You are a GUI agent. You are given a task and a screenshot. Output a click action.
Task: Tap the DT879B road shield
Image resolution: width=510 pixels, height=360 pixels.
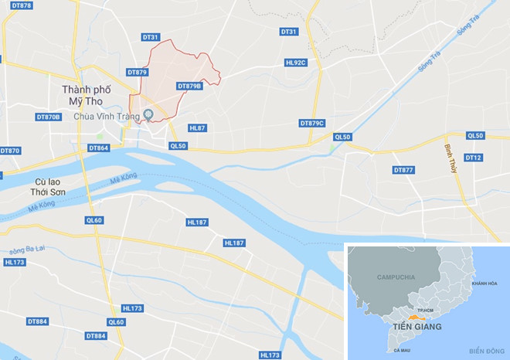click(x=189, y=87)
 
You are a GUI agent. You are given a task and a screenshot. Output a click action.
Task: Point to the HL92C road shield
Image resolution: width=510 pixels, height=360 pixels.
click(x=296, y=63)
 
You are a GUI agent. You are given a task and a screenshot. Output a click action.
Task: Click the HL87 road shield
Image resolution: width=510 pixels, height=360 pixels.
click(x=197, y=127)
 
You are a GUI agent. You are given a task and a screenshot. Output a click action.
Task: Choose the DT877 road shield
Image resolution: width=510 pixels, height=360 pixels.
click(x=403, y=169)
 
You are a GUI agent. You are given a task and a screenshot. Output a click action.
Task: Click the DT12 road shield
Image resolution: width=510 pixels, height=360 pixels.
click(x=474, y=158)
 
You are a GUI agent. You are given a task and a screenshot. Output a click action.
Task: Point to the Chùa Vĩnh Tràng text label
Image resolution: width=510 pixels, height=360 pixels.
click(x=106, y=117)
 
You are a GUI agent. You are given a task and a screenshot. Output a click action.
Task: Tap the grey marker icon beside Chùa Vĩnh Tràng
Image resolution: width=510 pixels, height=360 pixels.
click(x=149, y=116)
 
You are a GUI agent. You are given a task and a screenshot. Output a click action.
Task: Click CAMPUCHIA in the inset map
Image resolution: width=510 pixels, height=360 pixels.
click(x=396, y=276)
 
